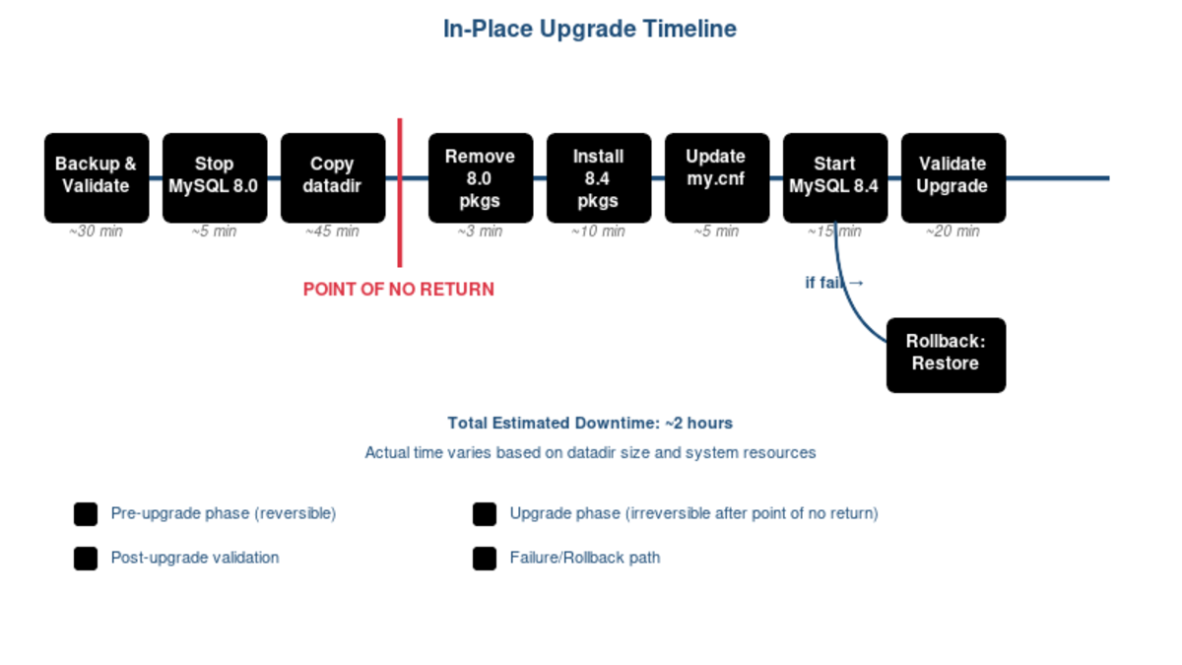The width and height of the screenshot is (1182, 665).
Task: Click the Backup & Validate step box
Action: point(97,177)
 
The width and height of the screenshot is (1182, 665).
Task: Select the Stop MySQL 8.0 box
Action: point(215,177)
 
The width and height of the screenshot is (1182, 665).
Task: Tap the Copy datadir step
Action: point(333,177)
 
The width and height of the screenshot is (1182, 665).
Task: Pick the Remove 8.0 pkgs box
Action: point(481,177)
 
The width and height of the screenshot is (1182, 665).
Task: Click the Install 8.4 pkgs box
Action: point(599,177)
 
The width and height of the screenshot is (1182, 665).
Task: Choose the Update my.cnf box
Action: point(717,177)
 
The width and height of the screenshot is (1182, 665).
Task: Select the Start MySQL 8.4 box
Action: point(835,177)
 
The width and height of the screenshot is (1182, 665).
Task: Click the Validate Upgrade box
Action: point(953,177)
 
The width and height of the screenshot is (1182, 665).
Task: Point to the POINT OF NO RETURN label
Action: point(399,290)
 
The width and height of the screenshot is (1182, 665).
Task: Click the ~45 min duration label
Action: point(333,232)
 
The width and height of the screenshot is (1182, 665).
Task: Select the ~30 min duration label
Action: point(97,232)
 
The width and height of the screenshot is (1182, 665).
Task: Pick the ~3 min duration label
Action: point(481,232)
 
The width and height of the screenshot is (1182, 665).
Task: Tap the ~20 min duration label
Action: point(953,232)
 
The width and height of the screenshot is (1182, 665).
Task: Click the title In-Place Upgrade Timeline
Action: point(590,30)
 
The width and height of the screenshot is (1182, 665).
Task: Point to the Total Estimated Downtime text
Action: point(590,424)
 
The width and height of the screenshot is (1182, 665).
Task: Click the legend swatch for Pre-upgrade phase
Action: point(86,514)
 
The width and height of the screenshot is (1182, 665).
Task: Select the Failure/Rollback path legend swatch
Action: point(485,559)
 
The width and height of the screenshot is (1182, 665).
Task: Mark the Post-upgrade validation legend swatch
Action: point(86,559)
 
